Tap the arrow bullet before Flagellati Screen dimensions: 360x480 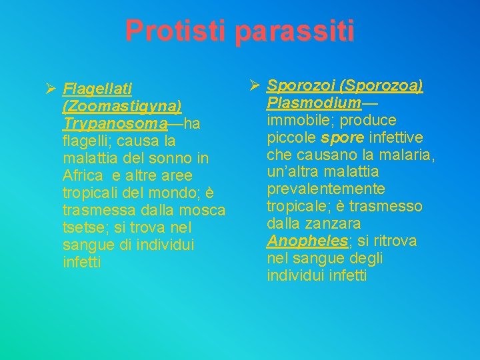(x=48, y=87)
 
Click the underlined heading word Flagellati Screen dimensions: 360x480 (x=97, y=89)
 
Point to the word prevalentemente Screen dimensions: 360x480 (x=326, y=189)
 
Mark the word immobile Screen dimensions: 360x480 (x=295, y=120)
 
